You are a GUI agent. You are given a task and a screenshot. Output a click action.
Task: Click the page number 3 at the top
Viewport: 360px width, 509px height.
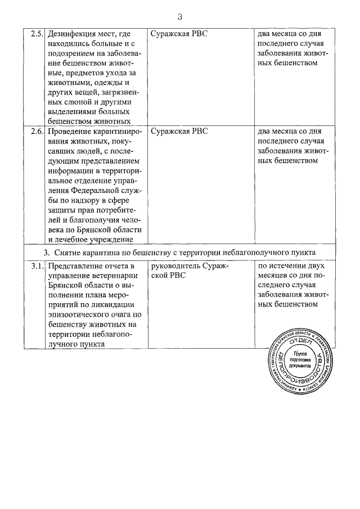coord(179,15)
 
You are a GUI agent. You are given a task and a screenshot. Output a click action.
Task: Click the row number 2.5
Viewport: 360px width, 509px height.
coord(37,34)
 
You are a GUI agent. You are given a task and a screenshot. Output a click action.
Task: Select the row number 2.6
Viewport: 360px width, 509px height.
coord(37,132)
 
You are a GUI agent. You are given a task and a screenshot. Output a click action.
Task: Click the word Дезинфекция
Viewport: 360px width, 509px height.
coord(74,34)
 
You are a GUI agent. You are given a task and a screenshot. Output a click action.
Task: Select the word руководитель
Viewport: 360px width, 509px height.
coord(176,267)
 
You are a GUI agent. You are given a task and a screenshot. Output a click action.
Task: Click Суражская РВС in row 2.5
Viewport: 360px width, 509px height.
coord(179,34)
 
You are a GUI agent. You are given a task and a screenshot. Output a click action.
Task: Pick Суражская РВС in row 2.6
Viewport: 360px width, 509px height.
coord(179,132)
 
